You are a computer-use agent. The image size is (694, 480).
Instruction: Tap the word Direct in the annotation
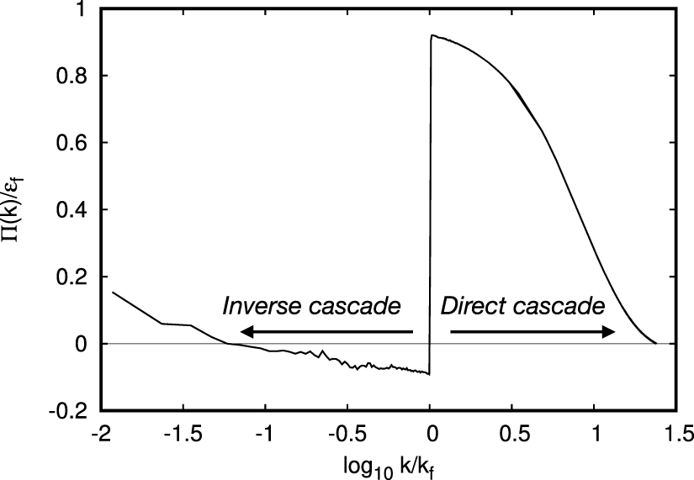pyautogui.click(x=471, y=306)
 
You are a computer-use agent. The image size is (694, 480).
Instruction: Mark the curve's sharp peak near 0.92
pyautogui.click(x=432, y=35)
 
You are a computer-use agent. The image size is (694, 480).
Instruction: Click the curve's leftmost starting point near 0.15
pyautogui.click(x=112, y=292)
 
